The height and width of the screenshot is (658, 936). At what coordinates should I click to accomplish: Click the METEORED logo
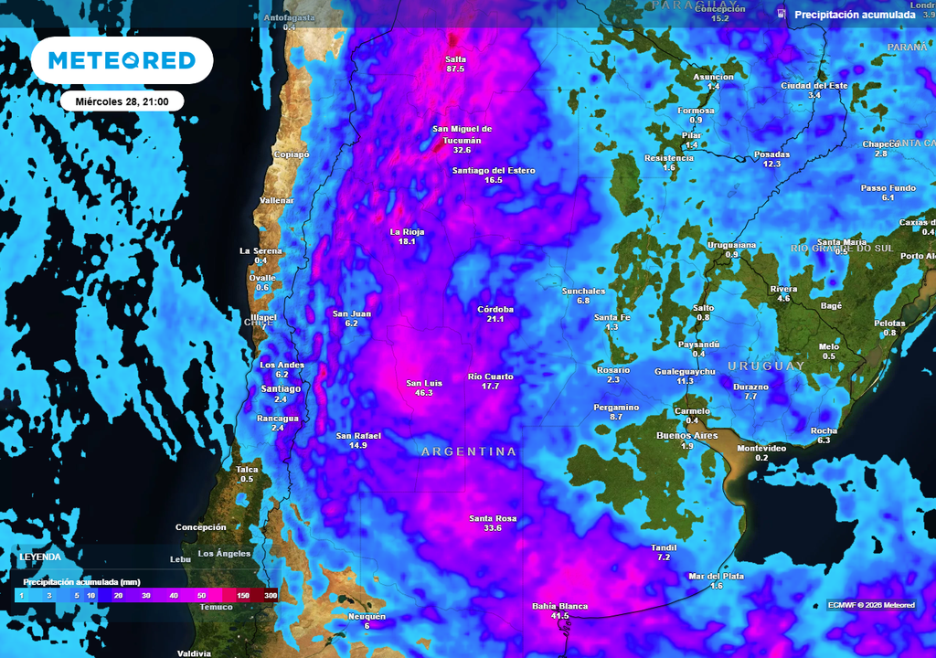click(x=122, y=60)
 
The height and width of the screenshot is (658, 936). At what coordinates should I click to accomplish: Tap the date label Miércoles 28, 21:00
click(x=122, y=101)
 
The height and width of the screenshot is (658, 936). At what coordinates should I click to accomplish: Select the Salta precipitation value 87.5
click(x=455, y=69)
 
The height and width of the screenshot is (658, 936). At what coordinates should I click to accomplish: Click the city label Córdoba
click(x=495, y=309)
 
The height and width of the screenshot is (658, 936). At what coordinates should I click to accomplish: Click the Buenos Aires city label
click(x=686, y=435)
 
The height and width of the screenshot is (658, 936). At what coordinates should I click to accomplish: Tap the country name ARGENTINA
click(x=468, y=452)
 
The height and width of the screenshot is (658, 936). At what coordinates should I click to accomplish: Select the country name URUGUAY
click(x=766, y=366)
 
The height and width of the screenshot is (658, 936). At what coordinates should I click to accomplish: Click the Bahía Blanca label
click(x=559, y=606)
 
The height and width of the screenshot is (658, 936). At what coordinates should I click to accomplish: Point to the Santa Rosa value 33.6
click(x=493, y=528)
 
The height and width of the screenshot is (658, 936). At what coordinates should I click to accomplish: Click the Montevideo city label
click(x=761, y=448)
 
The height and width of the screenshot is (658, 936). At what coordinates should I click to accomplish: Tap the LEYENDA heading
click(x=41, y=557)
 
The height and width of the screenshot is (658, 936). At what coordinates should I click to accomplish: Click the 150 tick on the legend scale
click(x=242, y=595)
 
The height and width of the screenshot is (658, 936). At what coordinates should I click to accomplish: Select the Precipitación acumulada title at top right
click(x=855, y=15)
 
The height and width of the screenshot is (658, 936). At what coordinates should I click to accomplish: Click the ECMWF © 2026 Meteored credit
click(x=870, y=605)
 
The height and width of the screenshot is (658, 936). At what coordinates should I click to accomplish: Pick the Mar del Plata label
click(x=716, y=576)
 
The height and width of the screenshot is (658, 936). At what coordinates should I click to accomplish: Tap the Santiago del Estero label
click(x=494, y=171)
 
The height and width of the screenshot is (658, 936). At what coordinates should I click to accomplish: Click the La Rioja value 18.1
click(x=407, y=241)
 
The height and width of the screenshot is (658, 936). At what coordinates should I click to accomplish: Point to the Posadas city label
click(x=771, y=154)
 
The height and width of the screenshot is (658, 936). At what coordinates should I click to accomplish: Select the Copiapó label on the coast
click(x=292, y=154)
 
